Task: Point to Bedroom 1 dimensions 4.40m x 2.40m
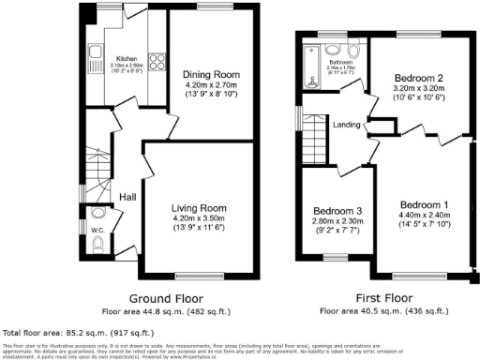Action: tap(425, 215)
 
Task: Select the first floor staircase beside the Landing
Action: tap(316, 145)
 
